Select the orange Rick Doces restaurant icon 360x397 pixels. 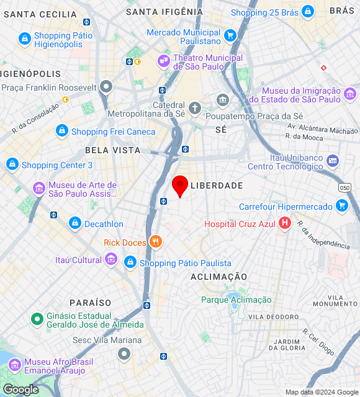[x=155, y=243]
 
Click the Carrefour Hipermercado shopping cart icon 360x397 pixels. [x=341, y=206]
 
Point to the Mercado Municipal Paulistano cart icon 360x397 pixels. [x=230, y=36]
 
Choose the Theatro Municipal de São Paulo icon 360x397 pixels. [x=163, y=61]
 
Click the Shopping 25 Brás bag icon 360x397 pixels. [x=307, y=12]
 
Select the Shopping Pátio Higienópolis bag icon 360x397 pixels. [x=24, y=39]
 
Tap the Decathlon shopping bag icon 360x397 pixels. [x=74, y=223]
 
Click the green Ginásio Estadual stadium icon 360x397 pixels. [x=37, y=319]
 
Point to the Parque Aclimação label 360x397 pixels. [x=236, y=300]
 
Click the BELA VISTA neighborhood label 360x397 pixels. [x=112, y=150]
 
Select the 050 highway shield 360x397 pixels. [x=345, y=187]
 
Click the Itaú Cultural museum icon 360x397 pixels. [x=110, y=259]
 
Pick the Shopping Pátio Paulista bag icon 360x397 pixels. [x=130, y=262]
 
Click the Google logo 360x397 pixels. [x=20, y=390]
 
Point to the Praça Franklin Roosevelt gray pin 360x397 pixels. [x=107, y=87]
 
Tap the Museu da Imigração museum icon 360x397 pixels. [x=350, y=94]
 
